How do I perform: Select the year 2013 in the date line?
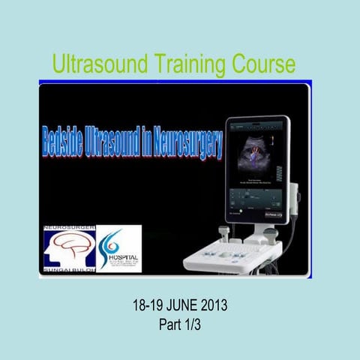point(213,307)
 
